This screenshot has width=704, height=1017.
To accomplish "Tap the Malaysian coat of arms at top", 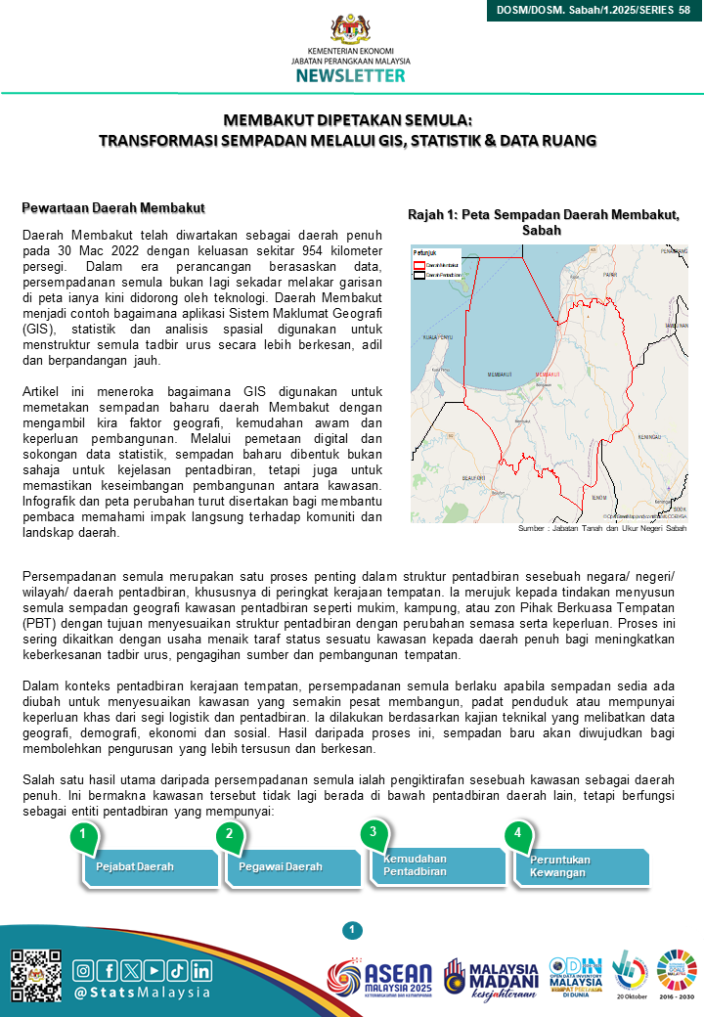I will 350,28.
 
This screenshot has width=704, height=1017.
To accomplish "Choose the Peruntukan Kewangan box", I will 588,866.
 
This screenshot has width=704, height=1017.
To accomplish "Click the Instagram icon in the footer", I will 84,970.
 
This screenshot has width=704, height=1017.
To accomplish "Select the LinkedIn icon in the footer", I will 201,970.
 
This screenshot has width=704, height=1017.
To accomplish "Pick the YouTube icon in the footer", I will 154,970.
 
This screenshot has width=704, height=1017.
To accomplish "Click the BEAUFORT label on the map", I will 474,478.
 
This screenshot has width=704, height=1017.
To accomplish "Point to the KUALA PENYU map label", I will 437,336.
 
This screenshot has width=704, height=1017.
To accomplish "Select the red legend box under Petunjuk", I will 420,264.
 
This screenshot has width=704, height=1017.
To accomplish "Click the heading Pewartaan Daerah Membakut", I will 112,208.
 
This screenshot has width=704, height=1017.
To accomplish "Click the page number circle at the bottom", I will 353,929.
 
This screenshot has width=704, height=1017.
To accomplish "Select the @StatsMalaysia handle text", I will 143,993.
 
